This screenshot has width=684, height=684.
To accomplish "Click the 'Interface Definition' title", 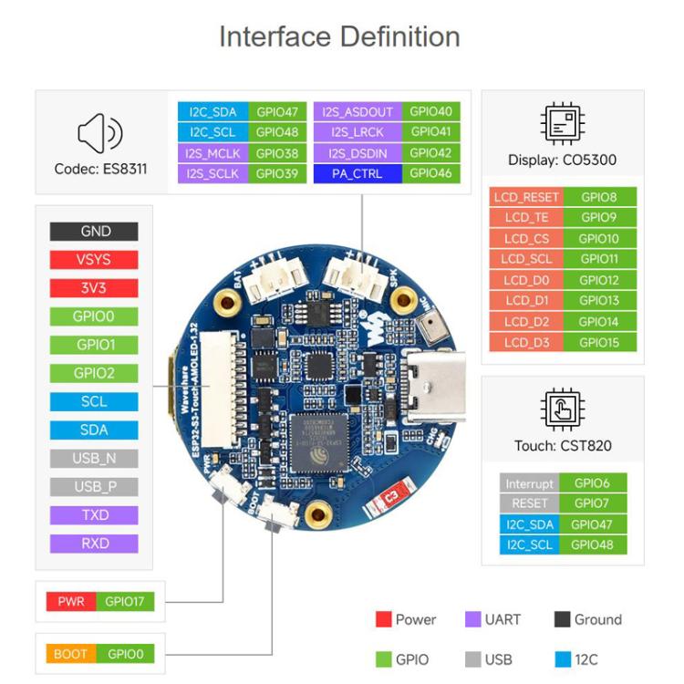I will click(339, 37).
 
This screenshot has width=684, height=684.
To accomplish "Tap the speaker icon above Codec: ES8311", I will click(99, 135).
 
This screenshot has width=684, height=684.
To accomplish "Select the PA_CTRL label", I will click(356, 173).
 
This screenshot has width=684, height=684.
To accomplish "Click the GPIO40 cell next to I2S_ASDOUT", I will click(430, 112).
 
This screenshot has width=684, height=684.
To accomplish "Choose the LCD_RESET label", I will click(525, 196).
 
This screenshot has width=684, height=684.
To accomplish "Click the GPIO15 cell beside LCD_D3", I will click(599, 343).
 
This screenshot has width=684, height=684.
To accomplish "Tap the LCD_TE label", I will click(525, 217).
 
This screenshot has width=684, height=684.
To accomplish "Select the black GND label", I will click(95, 232).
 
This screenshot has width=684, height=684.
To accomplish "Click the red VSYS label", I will click(95, 260).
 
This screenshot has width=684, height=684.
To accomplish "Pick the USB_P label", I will click(95, 487).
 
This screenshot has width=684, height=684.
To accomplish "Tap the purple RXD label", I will click(95, 544).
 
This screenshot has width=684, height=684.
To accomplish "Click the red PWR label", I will click(70, 602).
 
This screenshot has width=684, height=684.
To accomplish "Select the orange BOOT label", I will click(70, 654).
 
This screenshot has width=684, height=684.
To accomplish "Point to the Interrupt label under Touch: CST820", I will click(529, 483).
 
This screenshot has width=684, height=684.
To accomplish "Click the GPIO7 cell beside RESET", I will click(599, 503).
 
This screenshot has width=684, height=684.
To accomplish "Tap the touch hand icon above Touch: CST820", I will click(562, 408).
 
